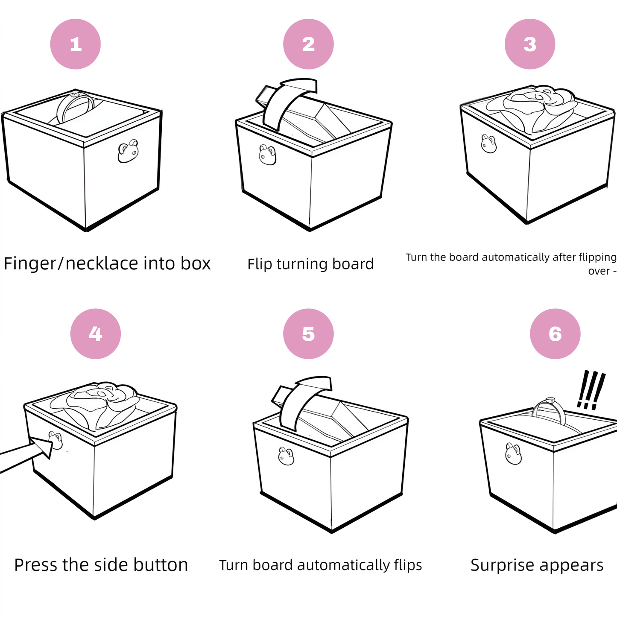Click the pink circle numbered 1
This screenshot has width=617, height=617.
tap(76, 44)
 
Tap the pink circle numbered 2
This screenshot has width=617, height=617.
tap(308, 44)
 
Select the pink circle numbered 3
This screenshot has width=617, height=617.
tap(529, 44)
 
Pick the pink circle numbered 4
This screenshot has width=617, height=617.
tap(95, 333)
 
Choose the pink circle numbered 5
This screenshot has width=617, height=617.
tap(308, 333)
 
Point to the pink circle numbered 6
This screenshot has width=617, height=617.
tap(555, 333)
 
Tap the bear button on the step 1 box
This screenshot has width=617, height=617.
tap(128, 151)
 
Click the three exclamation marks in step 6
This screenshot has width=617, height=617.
tap(591, 390)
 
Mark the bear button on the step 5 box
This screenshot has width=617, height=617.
tap(286, 456)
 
